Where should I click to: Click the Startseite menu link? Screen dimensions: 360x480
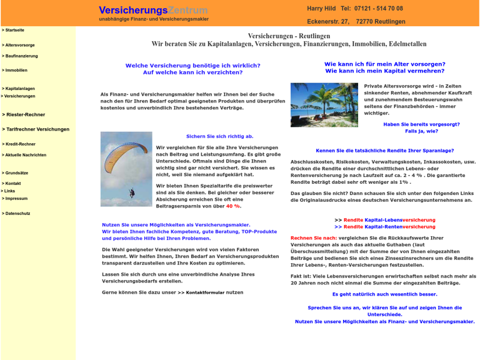tap(14, 30)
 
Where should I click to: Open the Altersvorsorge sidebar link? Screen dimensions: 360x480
tap(19, 45)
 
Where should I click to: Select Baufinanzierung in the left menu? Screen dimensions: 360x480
tap(21, 56)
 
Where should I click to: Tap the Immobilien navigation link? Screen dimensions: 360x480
tap(16, 71)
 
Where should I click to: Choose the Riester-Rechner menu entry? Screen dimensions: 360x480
tap(24, 115)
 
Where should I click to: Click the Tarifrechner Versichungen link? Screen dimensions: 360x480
tap(37, 129)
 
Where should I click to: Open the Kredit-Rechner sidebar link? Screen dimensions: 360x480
tap(20, 144)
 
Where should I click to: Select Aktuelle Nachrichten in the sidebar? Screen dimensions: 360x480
tap(25, 155)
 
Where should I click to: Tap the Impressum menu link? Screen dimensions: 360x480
tap(16, 199)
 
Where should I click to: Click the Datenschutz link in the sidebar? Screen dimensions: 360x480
tap(17, 214)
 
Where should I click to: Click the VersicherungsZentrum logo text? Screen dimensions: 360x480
tap(153, 11)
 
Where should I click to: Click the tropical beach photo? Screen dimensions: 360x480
tap(324, 105)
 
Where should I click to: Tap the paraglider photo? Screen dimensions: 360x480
tap(126, 169)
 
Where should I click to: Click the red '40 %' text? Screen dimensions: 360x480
tap(233, 206)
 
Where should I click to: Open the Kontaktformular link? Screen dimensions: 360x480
tap(205, 292)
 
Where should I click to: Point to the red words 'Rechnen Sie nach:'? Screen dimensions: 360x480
tap(314, 238)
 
